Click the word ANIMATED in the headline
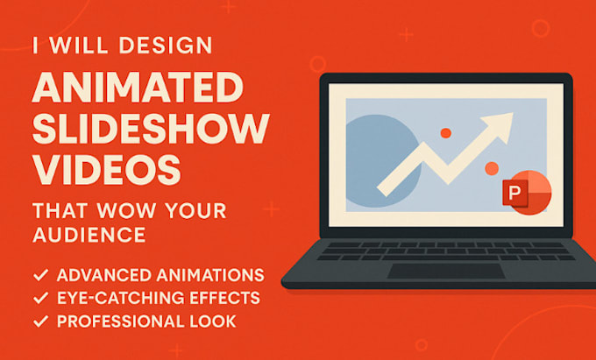tap(138, 89)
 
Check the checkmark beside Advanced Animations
tap(39, 275)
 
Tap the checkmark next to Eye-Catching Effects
tap(39, 298)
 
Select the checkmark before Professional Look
tap(39, 321)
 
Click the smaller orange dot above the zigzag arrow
tap(445, 132)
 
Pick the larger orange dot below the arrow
tap(492, 168)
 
